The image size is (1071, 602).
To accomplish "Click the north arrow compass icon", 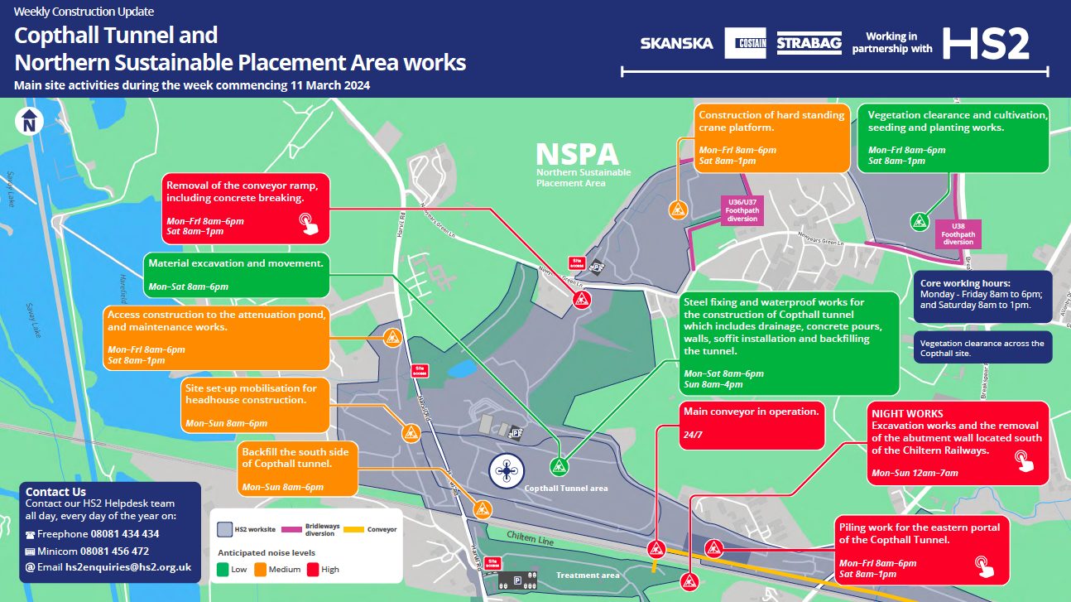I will [x=29, y=121].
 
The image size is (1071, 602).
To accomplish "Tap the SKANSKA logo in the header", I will [x=676, y=43].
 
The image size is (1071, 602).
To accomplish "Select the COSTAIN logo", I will [x=745, y=43].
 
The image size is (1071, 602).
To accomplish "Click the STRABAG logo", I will [x=809, y=43].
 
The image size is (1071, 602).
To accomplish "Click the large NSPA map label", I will [x=577, y=155].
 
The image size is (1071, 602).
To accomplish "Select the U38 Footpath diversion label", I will [x=958, y=234].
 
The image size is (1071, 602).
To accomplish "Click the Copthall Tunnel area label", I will [x=566, y=489].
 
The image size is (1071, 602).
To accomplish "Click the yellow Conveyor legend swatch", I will [x=354, y=529].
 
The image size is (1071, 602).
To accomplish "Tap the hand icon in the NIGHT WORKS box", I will [x=1025, y=460].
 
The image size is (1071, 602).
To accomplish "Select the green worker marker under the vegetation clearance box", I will [x=918, y=221].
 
